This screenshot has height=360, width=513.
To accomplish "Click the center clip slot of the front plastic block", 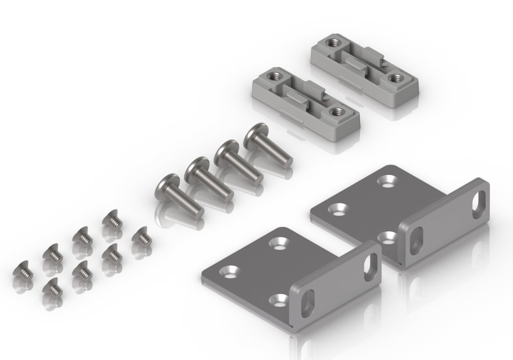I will point(304,95).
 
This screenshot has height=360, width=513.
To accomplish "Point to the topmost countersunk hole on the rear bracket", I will point(386,181).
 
